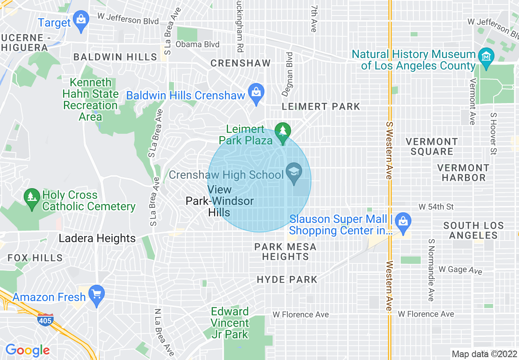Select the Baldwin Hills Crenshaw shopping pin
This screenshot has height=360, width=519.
pos(256,92)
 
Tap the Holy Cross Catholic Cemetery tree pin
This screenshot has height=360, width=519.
pos(32,197)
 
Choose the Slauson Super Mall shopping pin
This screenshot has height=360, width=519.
pos(403,221)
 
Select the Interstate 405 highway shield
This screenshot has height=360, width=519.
pos(45,319)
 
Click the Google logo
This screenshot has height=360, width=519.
pos(27,350)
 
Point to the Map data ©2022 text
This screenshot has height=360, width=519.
pos(484,354)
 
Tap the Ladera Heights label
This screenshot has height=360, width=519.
pos(97,239)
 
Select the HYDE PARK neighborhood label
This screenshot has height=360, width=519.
pos(287,280)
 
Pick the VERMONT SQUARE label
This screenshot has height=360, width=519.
pos(431,146)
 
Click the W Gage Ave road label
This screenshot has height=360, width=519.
pos(460,270)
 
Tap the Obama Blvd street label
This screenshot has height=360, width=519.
pos(197,44)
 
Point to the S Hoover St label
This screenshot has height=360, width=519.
pos(493,133)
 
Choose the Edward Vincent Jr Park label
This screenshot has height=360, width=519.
pos(230,323)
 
